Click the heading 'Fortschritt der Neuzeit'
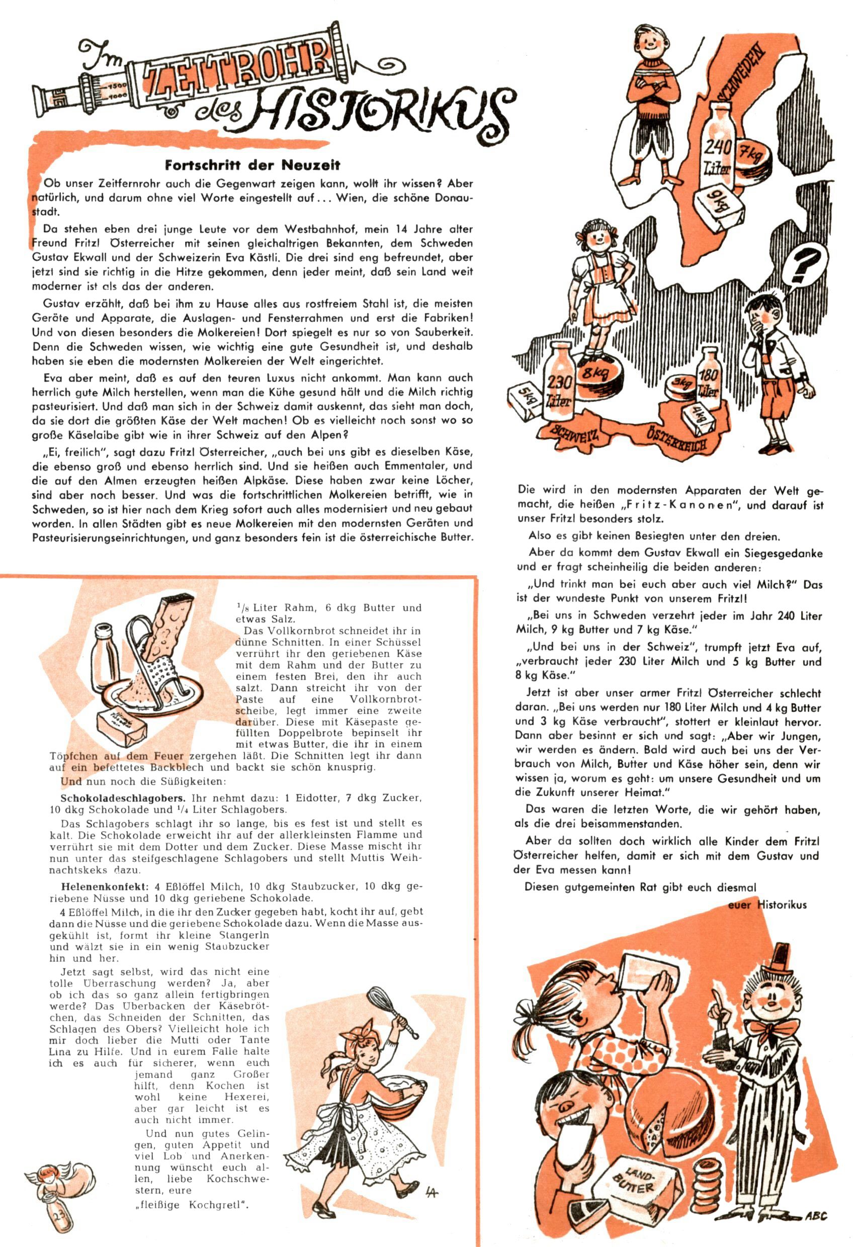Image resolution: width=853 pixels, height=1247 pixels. coord(252,164)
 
